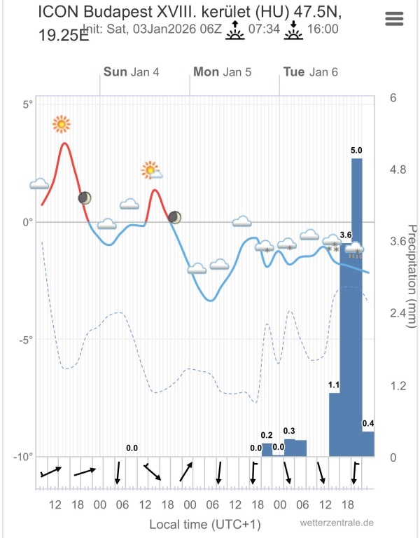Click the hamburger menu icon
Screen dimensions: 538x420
[x=395, y=19]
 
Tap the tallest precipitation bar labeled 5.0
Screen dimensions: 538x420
[x=357, y=308]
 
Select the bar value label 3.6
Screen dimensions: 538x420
[x=345, y=235]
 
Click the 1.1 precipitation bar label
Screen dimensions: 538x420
[x=334, y=385]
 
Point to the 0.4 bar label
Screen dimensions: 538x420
[x=367, y=423]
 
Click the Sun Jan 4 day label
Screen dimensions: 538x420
[x=131, y=71]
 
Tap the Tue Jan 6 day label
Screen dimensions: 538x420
[x=310, y=71]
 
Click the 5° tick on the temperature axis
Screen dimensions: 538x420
[x=28, y=105]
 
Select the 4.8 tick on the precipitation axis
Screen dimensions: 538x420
[x=398, y=170]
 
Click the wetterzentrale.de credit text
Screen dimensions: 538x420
[x=336, y=523]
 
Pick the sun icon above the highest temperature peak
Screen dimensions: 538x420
[x=62, y=125]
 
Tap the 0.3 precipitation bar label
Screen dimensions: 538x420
[x=290, y=431]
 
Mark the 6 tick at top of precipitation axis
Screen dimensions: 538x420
[x=393, y=98]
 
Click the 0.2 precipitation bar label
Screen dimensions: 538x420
[x=267, y=435]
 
